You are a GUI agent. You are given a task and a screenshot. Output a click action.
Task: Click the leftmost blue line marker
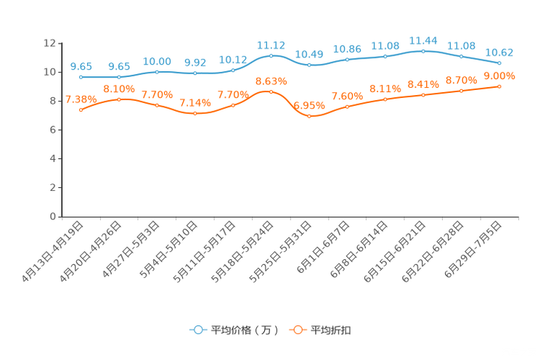coord(81,76)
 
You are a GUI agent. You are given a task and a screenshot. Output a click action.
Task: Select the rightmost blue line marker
coord(500,63)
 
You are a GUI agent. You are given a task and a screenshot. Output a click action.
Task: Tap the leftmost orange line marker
coord(81,110)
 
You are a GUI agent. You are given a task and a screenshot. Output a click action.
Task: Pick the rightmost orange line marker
coord(500,86)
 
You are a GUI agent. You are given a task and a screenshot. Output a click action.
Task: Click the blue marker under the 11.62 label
coord(271,55)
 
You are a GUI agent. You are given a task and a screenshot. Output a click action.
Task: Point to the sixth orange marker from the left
coord(271,92)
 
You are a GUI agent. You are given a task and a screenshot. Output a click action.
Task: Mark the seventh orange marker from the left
coord(309,116)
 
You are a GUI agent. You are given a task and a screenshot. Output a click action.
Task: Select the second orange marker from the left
coord(119,99)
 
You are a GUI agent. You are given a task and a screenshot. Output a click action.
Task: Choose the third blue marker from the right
coord(423,51)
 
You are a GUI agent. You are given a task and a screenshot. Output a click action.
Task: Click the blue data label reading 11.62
coord(271,44)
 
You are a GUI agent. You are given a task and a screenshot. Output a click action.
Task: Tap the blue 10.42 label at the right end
coord(500,52)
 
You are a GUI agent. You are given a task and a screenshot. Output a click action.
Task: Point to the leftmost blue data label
coord(81,66)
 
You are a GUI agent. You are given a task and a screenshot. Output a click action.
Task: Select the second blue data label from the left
coord(119,66)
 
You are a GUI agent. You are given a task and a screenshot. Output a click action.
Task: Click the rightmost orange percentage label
coord(499,75)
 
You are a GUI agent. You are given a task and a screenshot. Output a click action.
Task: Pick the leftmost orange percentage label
coord(81,99)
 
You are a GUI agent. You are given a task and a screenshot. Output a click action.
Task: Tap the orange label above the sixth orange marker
coord(271,81)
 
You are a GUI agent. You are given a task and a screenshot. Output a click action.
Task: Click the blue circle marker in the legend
coord(197,330)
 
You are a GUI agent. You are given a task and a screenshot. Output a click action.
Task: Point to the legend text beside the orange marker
coord(332,330)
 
